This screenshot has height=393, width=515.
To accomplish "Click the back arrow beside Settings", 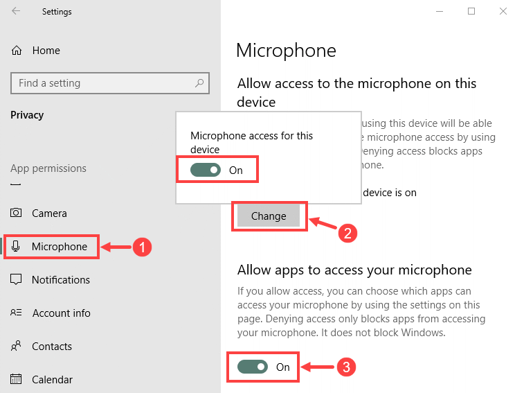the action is (x=16, y=11).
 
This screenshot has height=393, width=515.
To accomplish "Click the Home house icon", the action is (x=17, y=51).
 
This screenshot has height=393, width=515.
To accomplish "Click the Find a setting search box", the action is (x=109, y=83).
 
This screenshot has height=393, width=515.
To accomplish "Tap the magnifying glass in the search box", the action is (x=199, y=83).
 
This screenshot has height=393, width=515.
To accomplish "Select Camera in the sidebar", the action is (x=49, y=213).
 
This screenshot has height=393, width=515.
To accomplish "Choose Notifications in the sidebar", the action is (x=61, y=280).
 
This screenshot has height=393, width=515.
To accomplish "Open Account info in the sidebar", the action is (x=61, y=313).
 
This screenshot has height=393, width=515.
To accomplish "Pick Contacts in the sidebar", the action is (x=52, y=347).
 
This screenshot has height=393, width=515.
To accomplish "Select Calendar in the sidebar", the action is (x=52, y=380).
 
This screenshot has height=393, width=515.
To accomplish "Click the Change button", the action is (x=269, y=216).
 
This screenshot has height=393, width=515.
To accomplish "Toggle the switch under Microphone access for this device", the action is (x=206, y=170).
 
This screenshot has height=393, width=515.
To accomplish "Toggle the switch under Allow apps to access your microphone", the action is (x=253, y=367).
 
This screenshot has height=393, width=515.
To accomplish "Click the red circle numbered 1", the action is (x=142, y=247).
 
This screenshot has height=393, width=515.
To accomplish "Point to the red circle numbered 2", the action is (x=347, y=233).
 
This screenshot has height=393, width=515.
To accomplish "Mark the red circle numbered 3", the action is (x=347, y=367).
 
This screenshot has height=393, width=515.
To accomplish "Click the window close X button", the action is (x=503, y=11).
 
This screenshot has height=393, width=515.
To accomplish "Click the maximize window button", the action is (x=471, y=11).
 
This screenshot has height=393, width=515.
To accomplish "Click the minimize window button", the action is (x=440, y=12).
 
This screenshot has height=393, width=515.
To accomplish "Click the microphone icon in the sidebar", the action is (x=16, y=246).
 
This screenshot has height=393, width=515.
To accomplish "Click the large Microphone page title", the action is (x=286, y=51).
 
